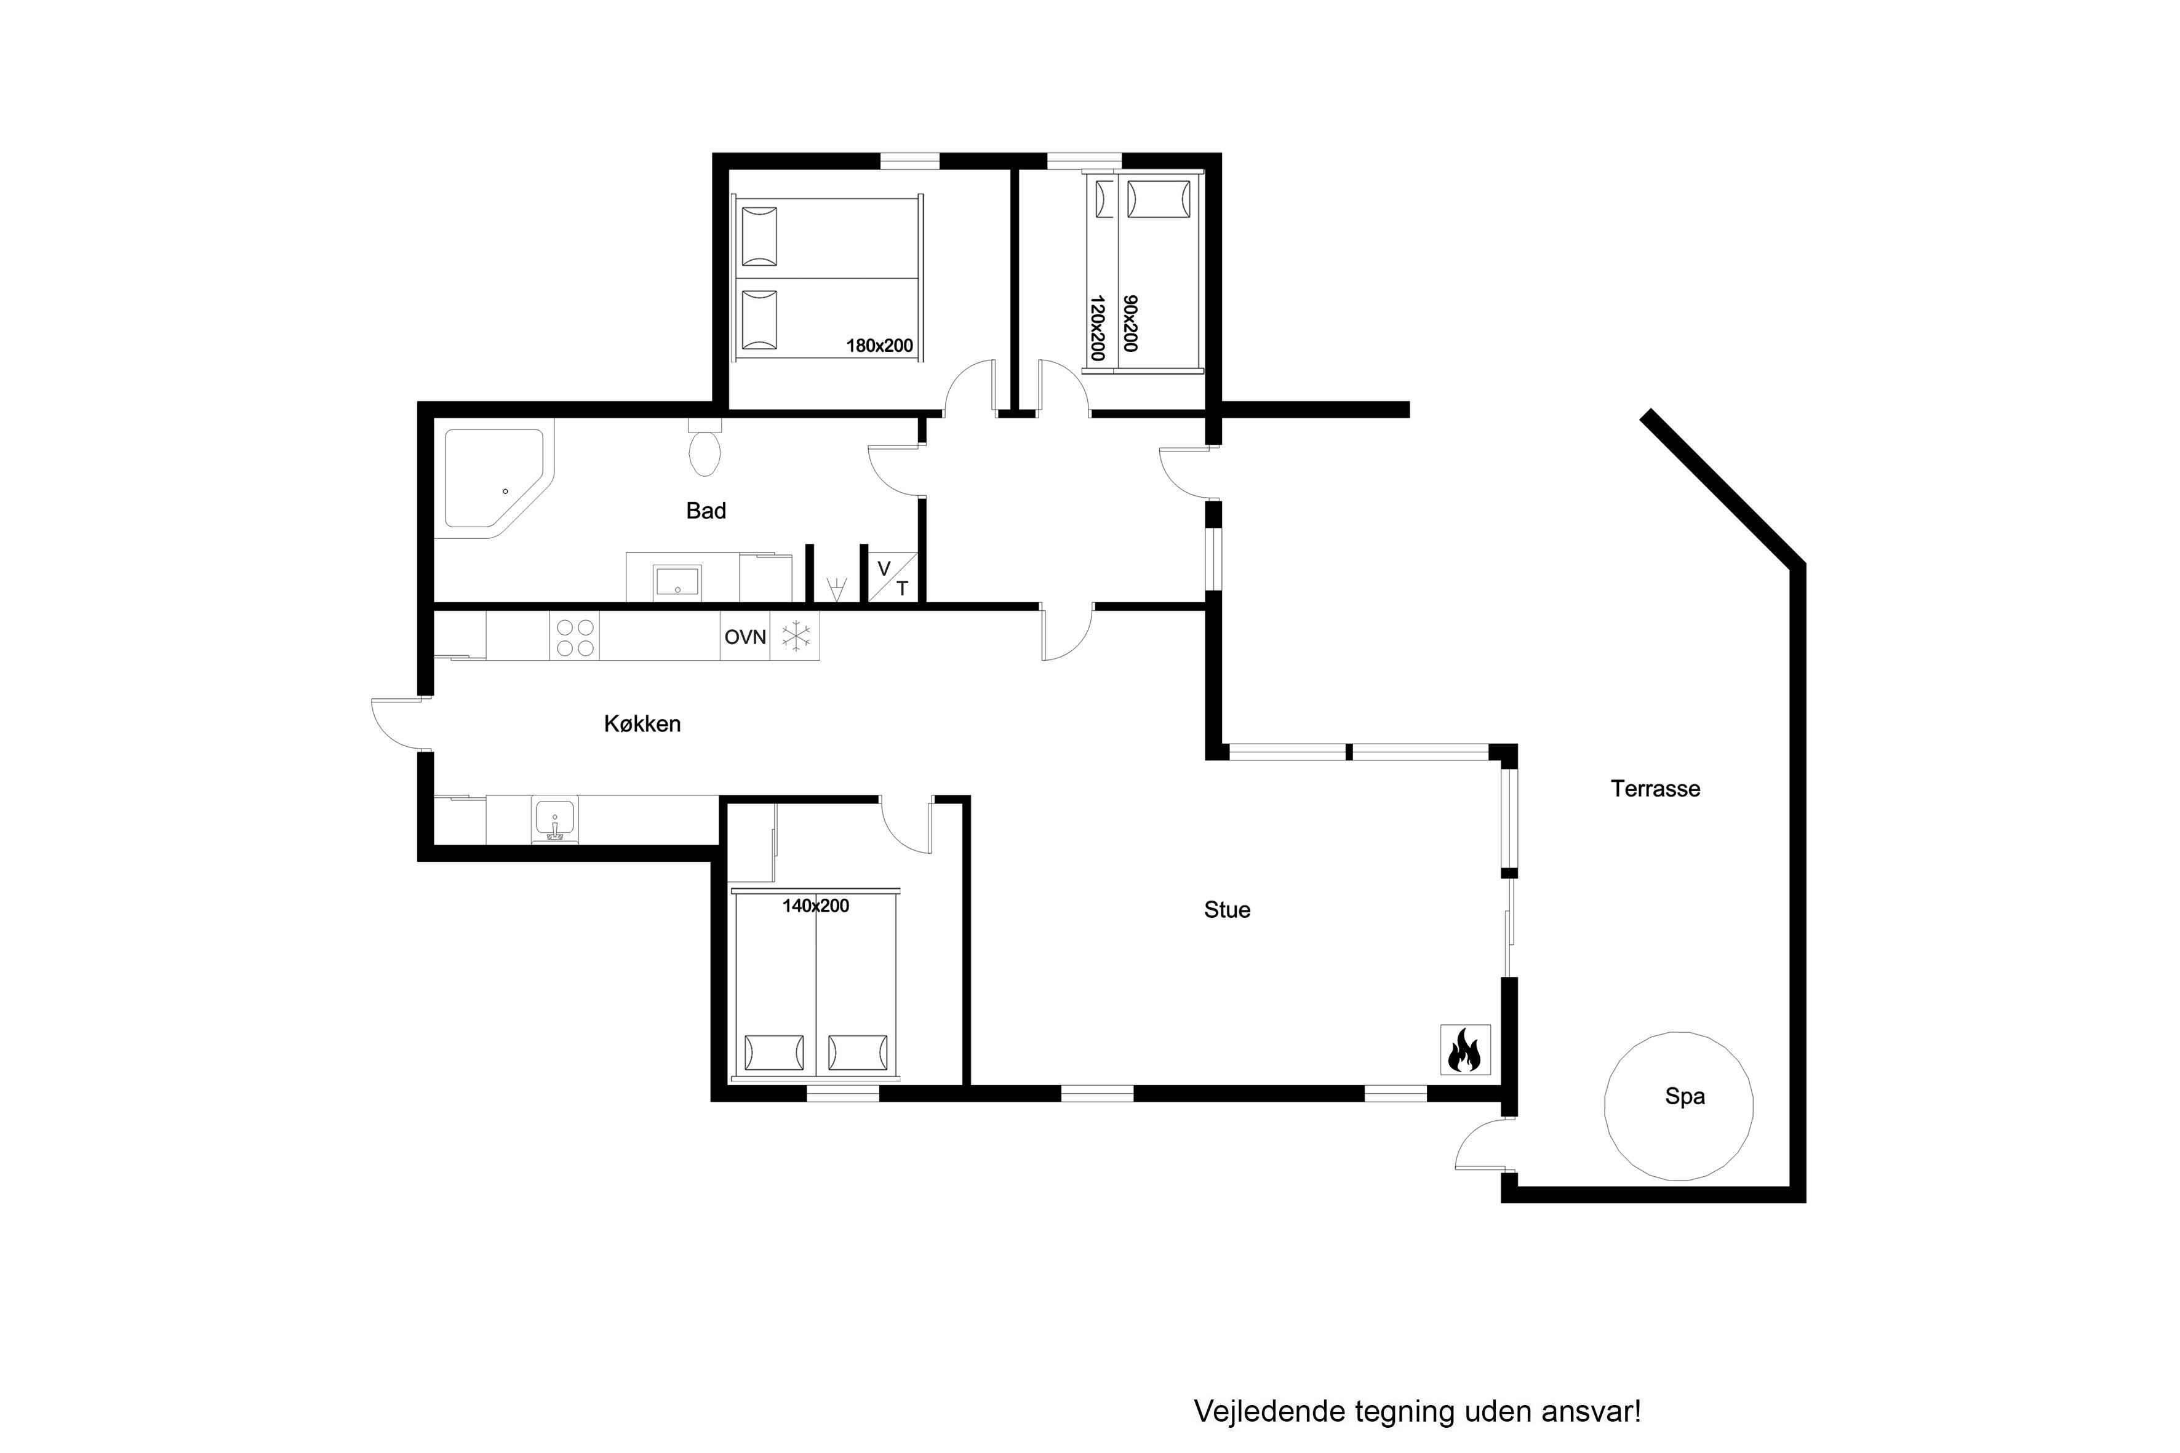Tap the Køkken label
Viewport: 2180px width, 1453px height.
tap(642, 723)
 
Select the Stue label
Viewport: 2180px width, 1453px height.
tap(1227, 910)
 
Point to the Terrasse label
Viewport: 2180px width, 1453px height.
tap(1655, 789)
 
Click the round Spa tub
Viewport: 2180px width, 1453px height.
tap(1679, 1107)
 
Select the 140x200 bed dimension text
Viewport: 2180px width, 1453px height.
tap(816, 906)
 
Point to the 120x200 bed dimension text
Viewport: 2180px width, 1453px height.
tap(1098, 328)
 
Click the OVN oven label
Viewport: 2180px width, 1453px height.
tap(745, 637)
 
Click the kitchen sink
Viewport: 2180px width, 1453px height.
tap(554, 820)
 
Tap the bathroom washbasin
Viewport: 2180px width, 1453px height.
tap(677, 581)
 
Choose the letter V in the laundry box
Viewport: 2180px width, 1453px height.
tap(884, 568)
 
